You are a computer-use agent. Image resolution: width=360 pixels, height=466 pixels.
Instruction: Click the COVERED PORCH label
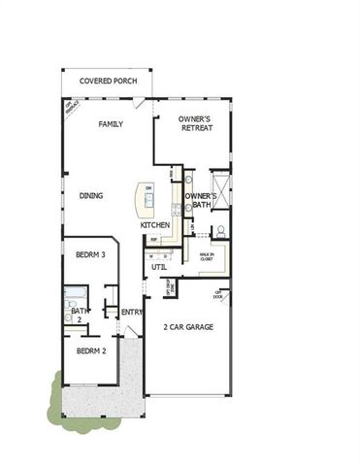pyautogui.click(x=106, y=83)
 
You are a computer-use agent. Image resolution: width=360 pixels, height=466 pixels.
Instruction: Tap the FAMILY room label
pyautogui.click(x=110, y=124)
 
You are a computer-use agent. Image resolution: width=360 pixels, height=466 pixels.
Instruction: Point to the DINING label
pyautogui.click(x=92, y=195)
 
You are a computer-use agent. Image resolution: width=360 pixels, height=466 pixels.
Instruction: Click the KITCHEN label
pyautogui.click(x=155, y=225)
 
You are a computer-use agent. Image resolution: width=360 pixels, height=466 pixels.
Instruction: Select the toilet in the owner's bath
pyautogui.click(x=220, y=232)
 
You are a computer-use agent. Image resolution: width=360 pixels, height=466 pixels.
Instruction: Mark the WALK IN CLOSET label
pyautogui.click(x=207, y=257)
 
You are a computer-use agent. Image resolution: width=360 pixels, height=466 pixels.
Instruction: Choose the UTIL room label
pyautogui.click(x=158, y=265)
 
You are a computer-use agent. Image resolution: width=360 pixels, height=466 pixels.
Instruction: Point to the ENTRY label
pyautogui.click(x=132, y=312)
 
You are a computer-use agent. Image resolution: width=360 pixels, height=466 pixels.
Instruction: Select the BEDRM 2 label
pyautogui.click(x=90, y=350)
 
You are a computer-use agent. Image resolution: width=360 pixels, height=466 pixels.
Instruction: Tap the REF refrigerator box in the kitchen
pyautogui.click(x=153, y=239)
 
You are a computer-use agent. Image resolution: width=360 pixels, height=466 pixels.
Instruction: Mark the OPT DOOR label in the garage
pyautogui.click(x=219, y=292)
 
